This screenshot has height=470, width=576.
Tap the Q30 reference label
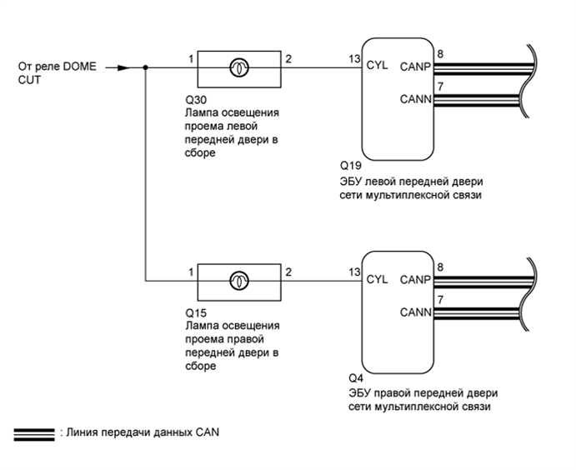[194, 98]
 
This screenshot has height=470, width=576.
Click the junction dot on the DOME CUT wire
[146, 68]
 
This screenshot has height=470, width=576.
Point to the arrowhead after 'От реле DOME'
[123, 68]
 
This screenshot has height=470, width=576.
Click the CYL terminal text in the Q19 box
[377, 67]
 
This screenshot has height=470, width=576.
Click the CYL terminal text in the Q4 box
[377, 279]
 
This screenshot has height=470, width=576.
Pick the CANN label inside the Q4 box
[414, 313]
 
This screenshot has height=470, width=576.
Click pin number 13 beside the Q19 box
[354, 59]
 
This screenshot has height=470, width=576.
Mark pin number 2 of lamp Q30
[288, 59]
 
